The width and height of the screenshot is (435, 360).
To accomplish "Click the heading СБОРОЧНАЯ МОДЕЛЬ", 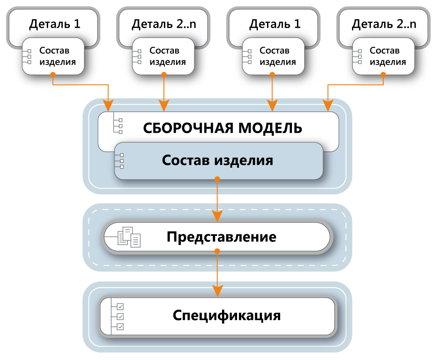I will [222, 128].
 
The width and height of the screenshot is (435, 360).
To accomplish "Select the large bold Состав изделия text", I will [217, 160].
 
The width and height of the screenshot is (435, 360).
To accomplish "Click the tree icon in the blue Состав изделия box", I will [120, 161].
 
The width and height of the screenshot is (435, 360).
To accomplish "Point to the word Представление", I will [222, 237].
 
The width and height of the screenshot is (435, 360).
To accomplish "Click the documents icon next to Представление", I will [129, 237].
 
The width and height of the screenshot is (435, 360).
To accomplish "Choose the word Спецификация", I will [227, 315].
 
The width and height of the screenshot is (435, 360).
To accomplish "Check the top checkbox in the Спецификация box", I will [120, 307].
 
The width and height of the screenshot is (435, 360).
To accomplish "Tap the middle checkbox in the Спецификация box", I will [120, 317].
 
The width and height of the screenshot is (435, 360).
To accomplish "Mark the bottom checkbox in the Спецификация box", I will [120, 327].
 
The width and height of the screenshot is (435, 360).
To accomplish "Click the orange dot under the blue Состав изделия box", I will [217, 179].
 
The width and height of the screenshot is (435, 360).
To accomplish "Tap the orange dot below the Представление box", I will [217, 251].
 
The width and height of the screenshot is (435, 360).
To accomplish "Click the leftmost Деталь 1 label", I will [54, 24].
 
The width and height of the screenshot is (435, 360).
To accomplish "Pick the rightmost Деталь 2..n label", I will [384, 24].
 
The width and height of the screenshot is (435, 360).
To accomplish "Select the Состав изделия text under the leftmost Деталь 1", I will [57, 56].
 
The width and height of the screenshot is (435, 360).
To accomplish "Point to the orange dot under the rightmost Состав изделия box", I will [383, 74].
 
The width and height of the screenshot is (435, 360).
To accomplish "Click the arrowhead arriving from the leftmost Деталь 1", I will [108, 105].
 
